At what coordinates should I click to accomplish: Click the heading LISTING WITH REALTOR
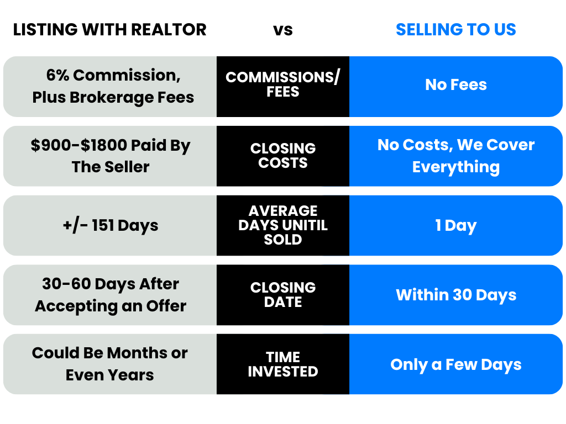click(110, 30)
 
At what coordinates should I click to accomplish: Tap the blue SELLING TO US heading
click(456, 30)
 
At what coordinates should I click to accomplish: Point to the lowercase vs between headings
click(283, 30)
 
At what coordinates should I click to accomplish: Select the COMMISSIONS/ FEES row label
click(283, 84)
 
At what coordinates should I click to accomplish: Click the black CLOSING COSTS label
click(283, 156)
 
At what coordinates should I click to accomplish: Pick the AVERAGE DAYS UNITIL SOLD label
click(283, 225)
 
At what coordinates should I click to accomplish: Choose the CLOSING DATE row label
click(283, 295)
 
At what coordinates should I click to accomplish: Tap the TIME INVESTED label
click(283, 364)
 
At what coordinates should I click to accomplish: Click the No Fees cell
click(456, 85)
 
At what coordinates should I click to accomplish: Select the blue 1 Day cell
click(456, 226)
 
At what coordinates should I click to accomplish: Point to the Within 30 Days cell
click(456, 295)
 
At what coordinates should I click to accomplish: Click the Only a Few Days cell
click(456, 365)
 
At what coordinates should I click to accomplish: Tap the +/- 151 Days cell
click(111, 226)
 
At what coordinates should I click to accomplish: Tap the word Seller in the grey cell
click(129, 167)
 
